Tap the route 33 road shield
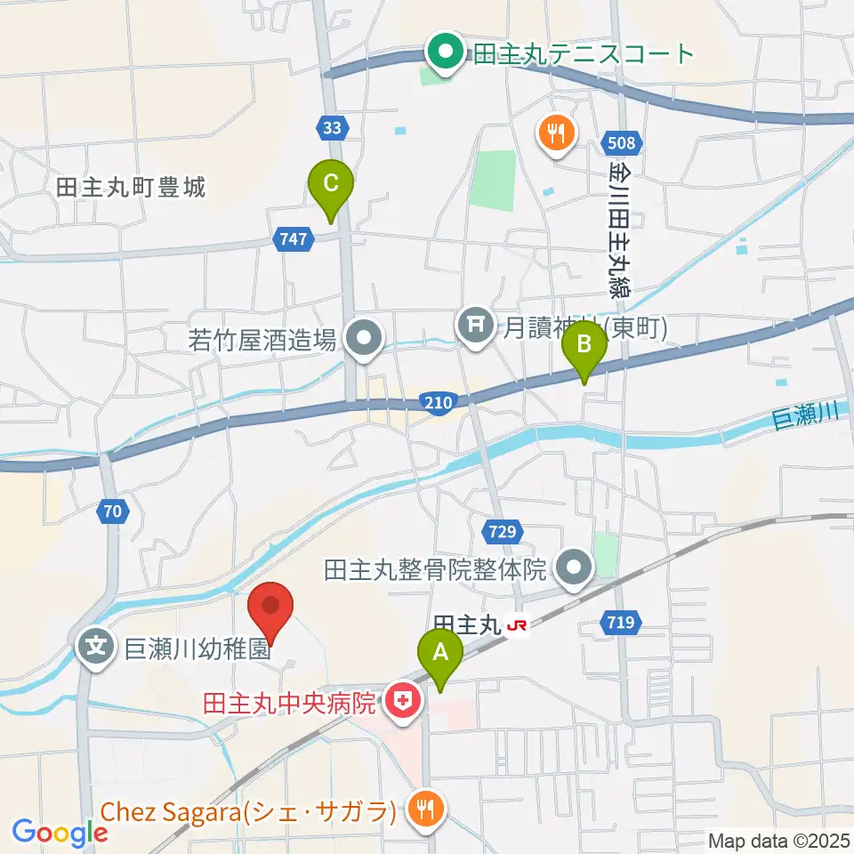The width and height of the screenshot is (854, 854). pyautogui.click(x=332, y=128)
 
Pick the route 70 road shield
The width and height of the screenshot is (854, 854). pyautogui.click(x=111, y=511)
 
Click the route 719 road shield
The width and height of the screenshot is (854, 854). pyautogui.click(x=622, y=622)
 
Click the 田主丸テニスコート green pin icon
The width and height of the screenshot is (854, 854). pyautogui.click(x=442, y=52)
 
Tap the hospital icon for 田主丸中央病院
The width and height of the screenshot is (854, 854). pyautogui.click(x=403, y=704)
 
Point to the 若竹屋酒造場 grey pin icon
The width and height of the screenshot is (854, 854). pyautogui.click(x=363, y=338)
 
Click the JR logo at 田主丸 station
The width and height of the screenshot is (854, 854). pyautogui.click(x=517, y=627)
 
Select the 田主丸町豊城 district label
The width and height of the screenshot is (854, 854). pyautogui.click(x=131, y=188)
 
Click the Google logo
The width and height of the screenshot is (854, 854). pyautogui.click(x=60, y=833)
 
